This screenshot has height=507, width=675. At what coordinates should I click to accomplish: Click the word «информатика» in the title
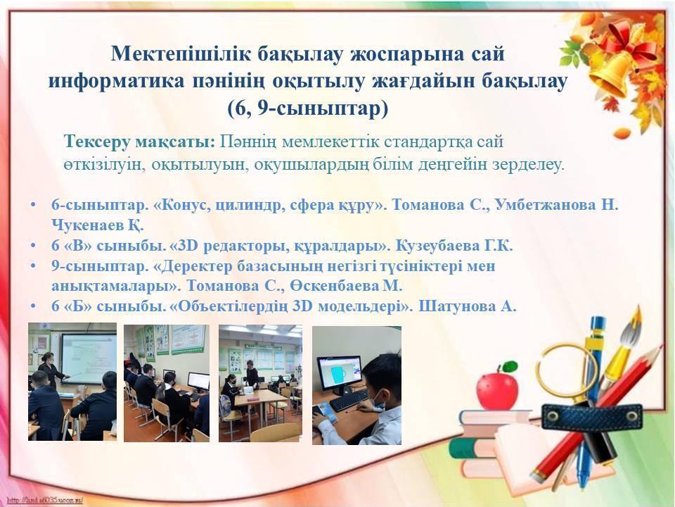coord(117,80)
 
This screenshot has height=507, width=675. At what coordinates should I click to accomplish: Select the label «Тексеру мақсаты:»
coord(139,142)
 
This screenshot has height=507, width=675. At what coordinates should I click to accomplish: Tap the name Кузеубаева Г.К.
coord(454,246)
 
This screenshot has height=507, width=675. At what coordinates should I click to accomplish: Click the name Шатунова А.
coord(468,306)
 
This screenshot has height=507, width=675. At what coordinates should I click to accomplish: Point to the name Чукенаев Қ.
coord(98,225)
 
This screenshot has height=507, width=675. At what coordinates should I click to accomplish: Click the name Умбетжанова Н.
coord(557,204)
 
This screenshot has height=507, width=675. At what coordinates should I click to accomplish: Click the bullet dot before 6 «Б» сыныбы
coord(33,307)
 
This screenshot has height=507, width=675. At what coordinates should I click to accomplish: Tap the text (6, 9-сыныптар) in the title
coord(308,108)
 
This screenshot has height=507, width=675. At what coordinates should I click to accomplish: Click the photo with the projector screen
coord(72,382)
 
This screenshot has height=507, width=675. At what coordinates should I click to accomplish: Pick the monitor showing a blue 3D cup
coord(340,374)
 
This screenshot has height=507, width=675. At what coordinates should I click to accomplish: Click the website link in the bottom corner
coord(45,501)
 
